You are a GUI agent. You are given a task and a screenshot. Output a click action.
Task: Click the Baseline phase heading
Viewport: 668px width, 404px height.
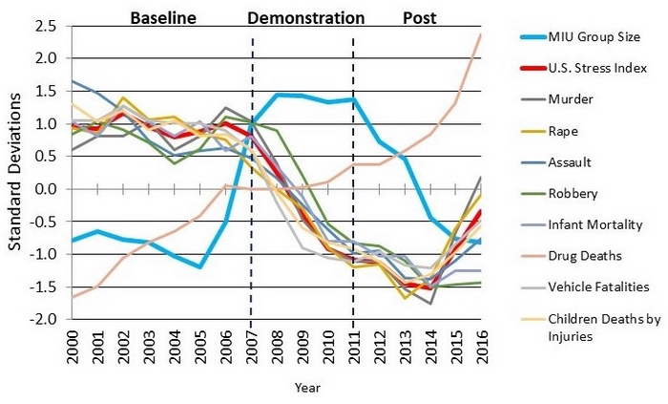click(162, 17)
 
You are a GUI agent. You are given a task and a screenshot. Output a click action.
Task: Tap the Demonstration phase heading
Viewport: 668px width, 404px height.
click(305, 17)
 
